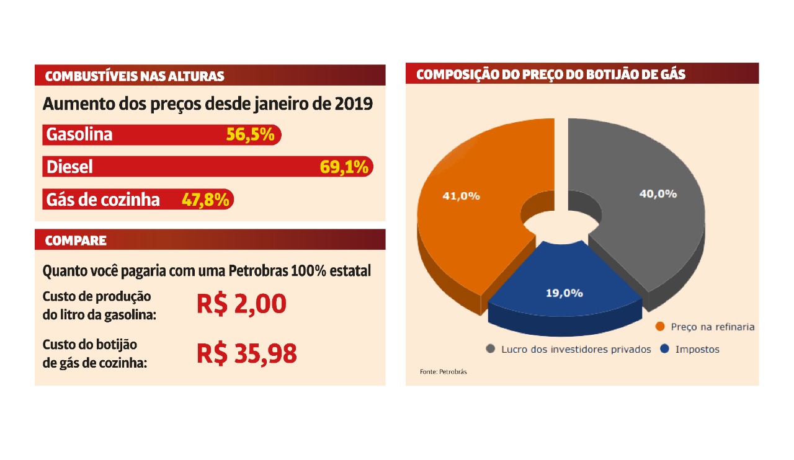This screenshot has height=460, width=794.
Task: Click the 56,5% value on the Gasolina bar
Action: coord(250,135)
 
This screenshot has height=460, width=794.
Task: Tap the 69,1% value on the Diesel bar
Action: coord(344,167)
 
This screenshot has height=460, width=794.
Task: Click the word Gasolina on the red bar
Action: coord(79,135)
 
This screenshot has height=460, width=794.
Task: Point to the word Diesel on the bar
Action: coord(69,167)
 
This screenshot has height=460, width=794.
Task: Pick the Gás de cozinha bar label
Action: coord(103,200)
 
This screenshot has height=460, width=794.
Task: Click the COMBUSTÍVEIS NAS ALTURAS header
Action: coord(135,76)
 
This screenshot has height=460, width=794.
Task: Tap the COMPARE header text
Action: coord(76,241)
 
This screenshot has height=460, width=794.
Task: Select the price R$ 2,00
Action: coord(241,304)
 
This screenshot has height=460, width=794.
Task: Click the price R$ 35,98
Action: coord(247,353)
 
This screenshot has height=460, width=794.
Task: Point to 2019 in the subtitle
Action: coord(354,104)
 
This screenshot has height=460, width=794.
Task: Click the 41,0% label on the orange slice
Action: coord(461,196)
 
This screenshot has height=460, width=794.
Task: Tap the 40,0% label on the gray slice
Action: coord(658,193)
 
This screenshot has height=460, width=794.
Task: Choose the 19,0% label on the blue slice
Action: coord(564,293)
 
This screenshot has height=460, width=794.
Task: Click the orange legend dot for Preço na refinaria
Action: coord(660,327)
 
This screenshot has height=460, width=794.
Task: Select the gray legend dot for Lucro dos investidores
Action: coord(490,349)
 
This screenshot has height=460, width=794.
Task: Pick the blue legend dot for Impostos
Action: coord(665,349)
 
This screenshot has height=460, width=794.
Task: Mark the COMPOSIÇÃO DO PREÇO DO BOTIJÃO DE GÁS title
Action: coord(551,74)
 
